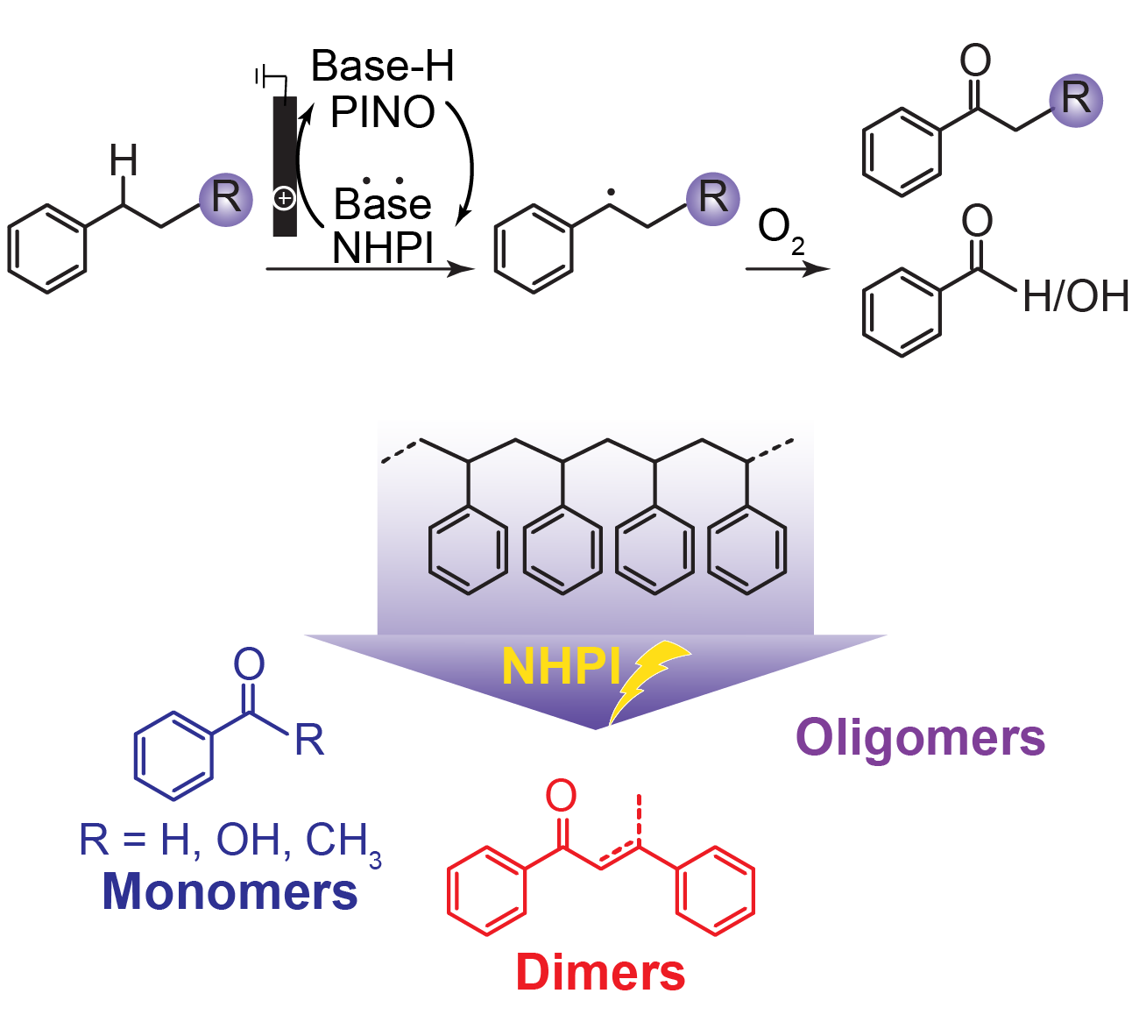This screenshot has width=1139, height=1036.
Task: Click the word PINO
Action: [x=383, y=111]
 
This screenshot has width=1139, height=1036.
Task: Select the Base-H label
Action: [x=383, y=66]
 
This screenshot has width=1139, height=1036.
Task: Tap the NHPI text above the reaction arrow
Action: [x=383, y=248]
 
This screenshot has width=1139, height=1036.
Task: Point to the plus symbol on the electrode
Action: [x=284, y=199]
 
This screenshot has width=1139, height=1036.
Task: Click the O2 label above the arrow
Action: [x=780, y=230]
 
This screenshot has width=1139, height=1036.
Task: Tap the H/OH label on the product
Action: [x=1075, y=297]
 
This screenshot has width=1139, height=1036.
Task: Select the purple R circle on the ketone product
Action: [x=1076, y=99]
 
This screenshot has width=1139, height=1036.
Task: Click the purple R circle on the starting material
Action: [x=226, y=198]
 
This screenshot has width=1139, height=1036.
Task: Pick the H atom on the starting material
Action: [x=124, y=160]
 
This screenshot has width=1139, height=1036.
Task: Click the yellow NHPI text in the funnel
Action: [x=561, y=667]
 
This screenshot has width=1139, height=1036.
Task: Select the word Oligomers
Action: [x=920, y=738]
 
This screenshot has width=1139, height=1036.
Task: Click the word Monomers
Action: [x=230, y=891]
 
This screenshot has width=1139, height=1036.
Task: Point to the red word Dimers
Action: [x=600, y=972]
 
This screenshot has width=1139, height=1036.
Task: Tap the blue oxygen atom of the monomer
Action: [x=249, y=665]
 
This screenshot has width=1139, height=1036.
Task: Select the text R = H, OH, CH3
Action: [x=230, y=841]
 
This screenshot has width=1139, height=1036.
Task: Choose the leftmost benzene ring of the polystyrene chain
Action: [x=468, y=550]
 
